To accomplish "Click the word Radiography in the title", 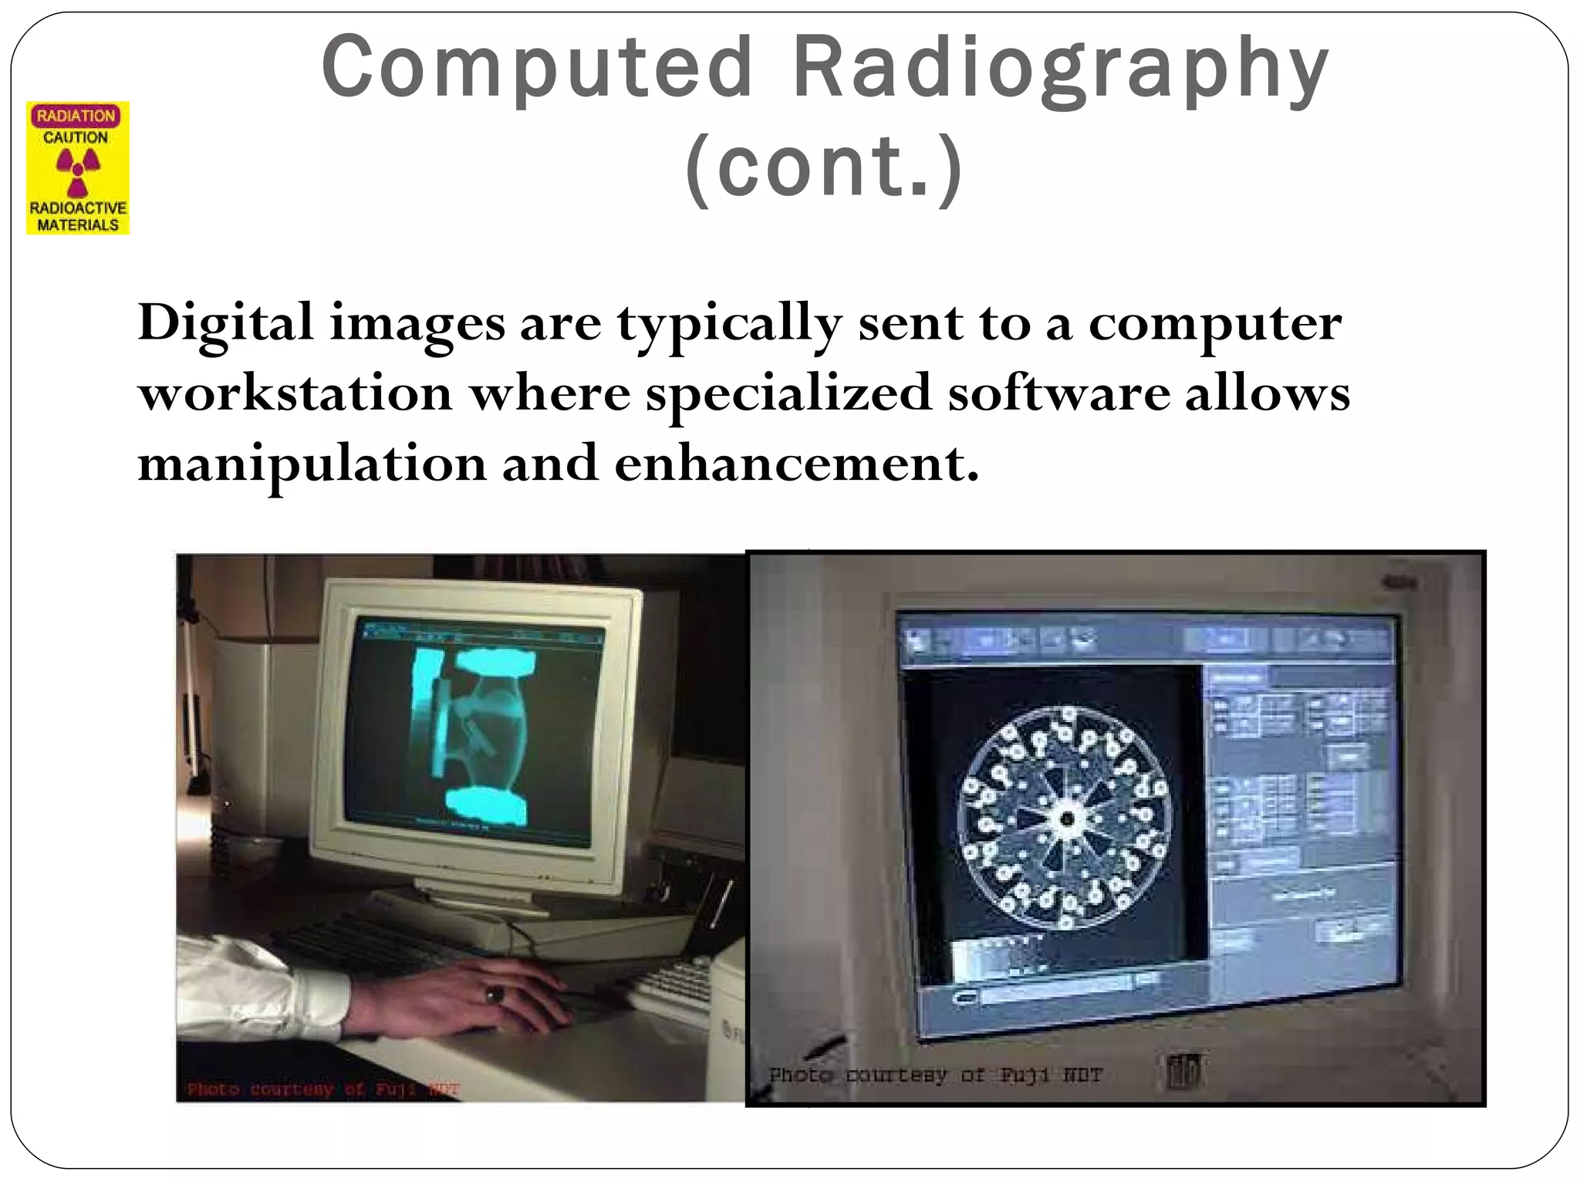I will coord(1061,69).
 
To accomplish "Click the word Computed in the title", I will coord(536,69).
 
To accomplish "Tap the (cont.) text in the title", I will coord(824,167).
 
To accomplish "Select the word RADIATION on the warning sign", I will coord(76,116).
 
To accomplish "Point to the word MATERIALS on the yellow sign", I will coord(78,225).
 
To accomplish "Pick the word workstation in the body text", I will coord(295,393).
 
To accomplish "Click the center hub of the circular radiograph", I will coord(1067,819).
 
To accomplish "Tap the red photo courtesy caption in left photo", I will coord(324,1089).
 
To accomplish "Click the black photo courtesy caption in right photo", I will coord(935,1075).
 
